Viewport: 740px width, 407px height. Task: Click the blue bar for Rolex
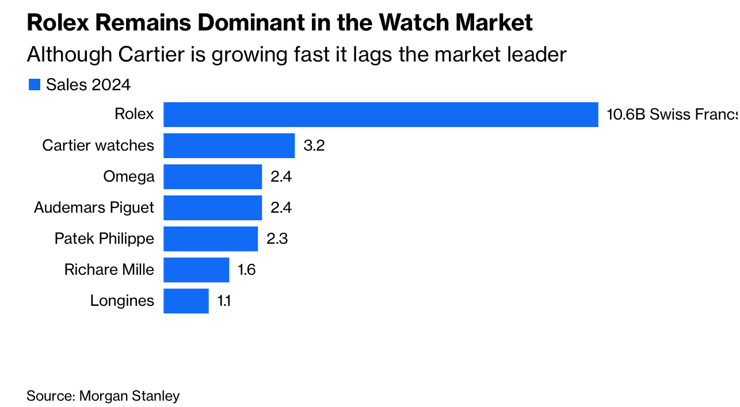click(380, 114)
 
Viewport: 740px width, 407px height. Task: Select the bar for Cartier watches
click(229, 145)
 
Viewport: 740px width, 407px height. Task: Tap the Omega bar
click(212, 176)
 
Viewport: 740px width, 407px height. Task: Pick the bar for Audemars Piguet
click(212, 208)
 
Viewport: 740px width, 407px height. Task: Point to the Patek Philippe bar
click(211, 239)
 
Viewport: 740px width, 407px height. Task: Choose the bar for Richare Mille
click(196, 270)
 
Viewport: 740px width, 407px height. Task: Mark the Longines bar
click(186, 301)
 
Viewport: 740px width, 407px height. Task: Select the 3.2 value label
click(314, 145)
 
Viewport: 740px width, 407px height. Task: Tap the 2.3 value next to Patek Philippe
click(277, 239)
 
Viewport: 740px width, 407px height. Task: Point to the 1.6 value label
click(246, 270)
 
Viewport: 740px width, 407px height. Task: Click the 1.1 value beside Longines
click(224, 301)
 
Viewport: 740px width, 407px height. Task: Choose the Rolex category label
click(134, 114)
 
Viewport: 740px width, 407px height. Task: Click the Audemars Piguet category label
click(94, 208)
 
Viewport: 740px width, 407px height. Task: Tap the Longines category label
click(122, 301)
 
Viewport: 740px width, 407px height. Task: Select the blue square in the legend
click(35, 85)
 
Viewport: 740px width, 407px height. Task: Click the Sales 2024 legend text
click(88, 85)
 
